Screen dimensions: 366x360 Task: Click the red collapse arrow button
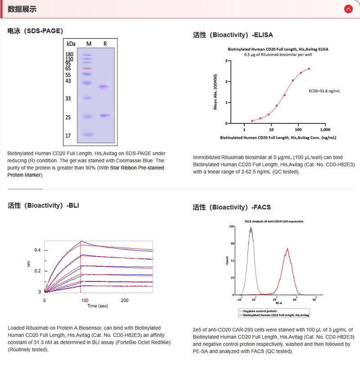[348, 9]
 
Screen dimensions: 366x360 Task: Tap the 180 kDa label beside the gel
[69, 54]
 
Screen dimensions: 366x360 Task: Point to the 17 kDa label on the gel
[68, 135]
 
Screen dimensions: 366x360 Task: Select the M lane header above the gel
[89, 44]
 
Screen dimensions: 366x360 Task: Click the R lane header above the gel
[105, 44]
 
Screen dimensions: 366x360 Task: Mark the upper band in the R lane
[104, 86]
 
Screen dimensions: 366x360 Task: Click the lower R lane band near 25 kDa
[104, 116]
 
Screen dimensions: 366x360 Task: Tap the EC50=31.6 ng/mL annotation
[324, 91]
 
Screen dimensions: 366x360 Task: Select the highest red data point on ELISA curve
[309, 69]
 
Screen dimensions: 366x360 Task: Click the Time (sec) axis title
[98, 306]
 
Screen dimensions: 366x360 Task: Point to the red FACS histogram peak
[287, 249]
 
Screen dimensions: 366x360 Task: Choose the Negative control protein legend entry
[260, 311]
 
